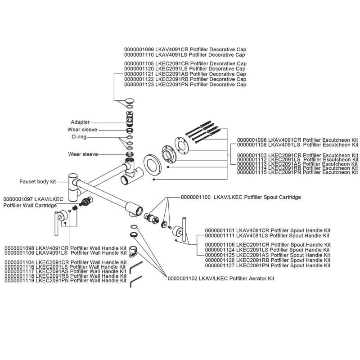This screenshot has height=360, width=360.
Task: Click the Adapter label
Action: point(80,122)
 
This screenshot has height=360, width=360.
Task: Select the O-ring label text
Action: point(79,137)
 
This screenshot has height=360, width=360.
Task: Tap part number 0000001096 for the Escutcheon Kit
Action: point(252,139)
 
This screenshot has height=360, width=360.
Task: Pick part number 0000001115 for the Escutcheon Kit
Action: point(252,172)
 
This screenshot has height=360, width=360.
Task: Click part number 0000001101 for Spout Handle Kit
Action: point(220,230)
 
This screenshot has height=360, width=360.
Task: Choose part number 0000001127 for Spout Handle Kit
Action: point(220,266)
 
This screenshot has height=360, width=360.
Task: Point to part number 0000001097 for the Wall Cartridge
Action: point(18,198)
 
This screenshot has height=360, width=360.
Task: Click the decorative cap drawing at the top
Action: point(130,101)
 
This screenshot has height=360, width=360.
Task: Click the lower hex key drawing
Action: point(136,283)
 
